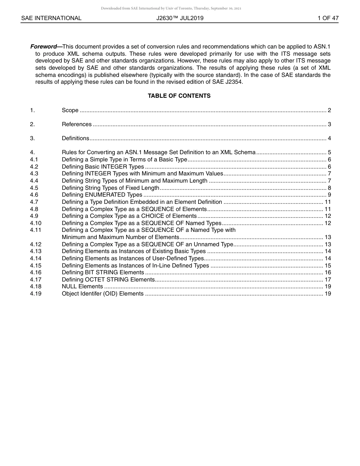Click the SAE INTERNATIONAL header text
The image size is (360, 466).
click(x=51, y=18)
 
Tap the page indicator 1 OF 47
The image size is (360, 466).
click(x=328, y=18)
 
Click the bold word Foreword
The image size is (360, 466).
click(x=43, y=47)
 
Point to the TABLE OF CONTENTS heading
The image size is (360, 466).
click(x=179, y=96)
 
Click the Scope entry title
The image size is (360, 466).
click(x=70, y=110)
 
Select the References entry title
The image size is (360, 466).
click(x=77, y=124)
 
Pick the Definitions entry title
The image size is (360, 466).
click(x=75, y=138)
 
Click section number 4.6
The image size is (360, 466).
click(x=34, y=195)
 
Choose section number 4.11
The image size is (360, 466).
click(x=36, y=230)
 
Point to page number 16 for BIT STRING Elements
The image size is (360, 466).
click(x=328, y=272)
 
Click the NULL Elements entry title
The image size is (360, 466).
click(x=82, y=286)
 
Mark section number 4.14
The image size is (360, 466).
click(x=36, y=258)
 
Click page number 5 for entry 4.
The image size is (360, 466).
click(x=329, y=152)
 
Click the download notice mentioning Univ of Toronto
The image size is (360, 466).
click(x=171, y=8)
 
